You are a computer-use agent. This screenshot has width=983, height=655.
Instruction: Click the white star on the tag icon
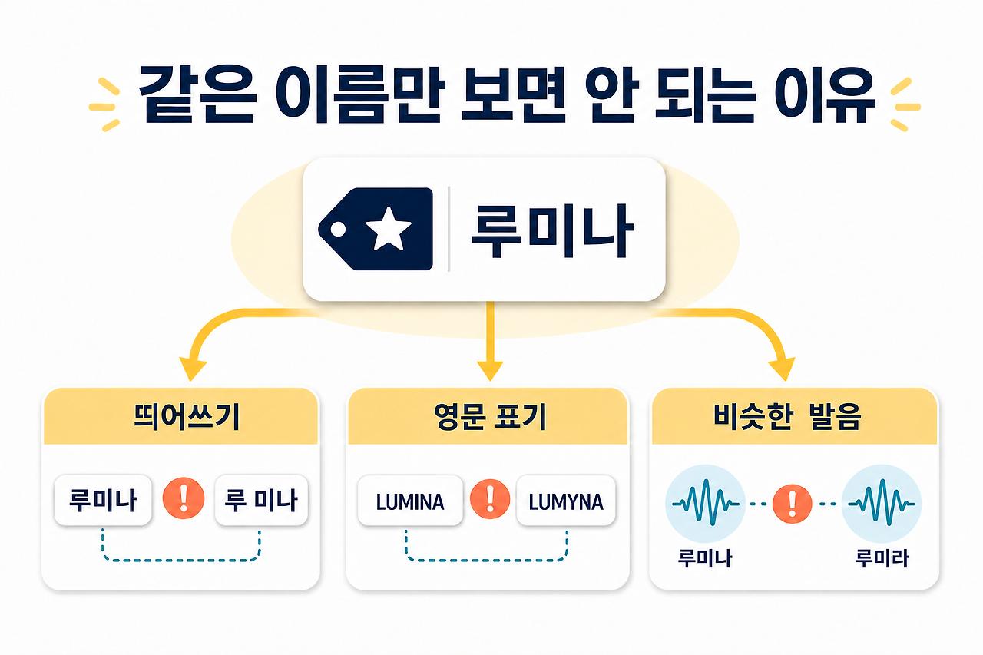pyautogui.click(x=389, y=228)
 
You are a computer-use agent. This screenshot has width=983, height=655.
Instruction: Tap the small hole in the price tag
pyautogui.click(x=338, y=230)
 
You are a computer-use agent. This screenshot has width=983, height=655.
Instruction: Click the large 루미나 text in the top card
pyautogui.click(x=551, y=231)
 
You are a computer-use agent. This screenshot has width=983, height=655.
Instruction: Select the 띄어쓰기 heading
pyautogui.click(x=187, y=416)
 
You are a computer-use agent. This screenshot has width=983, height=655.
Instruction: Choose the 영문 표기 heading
pyautogui.click(x=490, y=416)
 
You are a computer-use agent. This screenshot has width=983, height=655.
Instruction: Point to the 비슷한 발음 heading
pyautogui.click(x=787, y=416)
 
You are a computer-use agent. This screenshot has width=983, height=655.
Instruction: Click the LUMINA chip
pyautogui.click(x=410, y=501)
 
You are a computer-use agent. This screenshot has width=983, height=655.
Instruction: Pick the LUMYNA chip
pyautogui.click(x=566, y=501)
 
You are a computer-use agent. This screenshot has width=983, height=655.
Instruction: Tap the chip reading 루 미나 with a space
pyautogui.click(x=262, y=500)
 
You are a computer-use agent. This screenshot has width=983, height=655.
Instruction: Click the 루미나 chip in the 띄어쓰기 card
pyautogui.click(x=103, y=500)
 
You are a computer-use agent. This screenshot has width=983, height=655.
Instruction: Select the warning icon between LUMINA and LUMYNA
pyautogui.click(x=490, y=499)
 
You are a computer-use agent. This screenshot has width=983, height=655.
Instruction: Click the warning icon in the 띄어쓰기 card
pyautogui.click(x=184, y=498)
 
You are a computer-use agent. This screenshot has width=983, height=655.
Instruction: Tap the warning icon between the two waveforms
pyautogui.click(x=792, y=504)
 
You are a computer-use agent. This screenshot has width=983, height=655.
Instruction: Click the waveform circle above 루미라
pyautogui.click(x=882, y=504)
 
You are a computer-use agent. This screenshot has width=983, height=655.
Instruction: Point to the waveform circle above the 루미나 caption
pyautogui.click(x=705, y=504)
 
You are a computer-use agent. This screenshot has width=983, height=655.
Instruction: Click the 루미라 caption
pyautogui.click(x=882, y=558)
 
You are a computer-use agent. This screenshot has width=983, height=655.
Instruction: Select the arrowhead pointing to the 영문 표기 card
pyautogui.click(x=490, y=371)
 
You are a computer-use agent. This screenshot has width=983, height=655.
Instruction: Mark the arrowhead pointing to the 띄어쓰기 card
pyautogui.click(x=192, y=369)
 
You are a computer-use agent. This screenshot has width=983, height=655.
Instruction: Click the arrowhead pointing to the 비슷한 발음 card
pyautogui.click(x=783, y=369)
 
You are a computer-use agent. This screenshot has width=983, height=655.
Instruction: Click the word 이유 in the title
pyautogui.click(x=825, y=94)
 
